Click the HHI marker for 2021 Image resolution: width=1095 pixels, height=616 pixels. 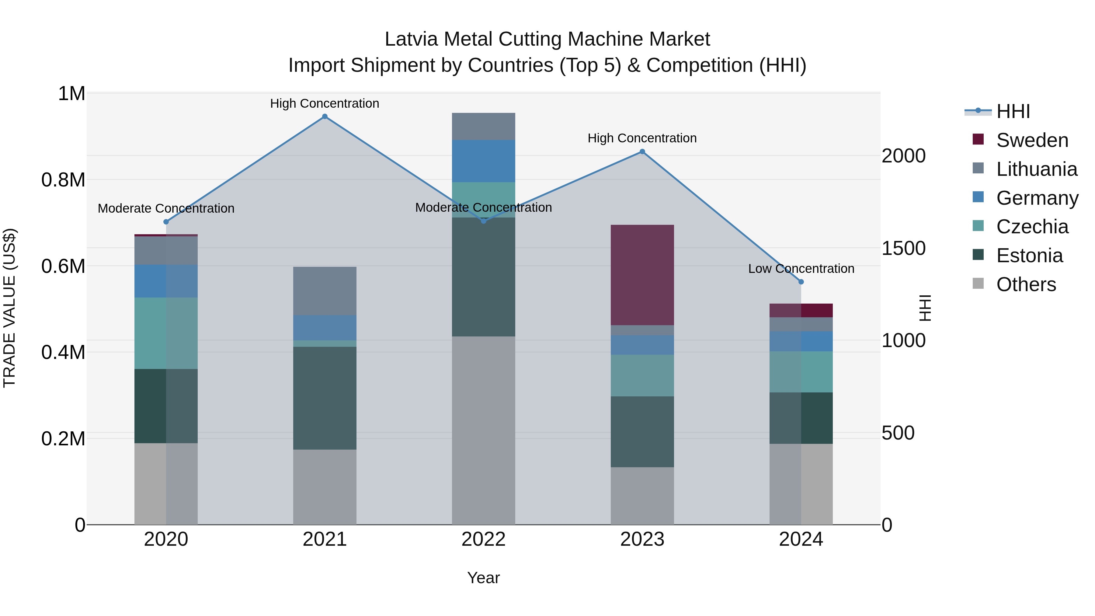tap(325, 117)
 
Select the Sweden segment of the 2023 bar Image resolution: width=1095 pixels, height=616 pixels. tap(642, 275)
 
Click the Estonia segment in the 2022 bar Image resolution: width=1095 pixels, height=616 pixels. tap(483, 277)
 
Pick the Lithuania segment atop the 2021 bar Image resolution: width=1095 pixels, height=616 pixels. tap(325, 291)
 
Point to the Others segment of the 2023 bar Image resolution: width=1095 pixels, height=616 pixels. tap(642, 496)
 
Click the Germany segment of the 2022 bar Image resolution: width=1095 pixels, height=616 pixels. tap(483, 161)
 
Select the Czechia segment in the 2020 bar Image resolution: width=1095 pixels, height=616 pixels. tap(166, 333)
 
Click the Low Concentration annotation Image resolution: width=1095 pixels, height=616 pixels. tap(801, 269)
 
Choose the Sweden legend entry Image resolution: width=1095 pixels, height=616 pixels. tap(1032, 140)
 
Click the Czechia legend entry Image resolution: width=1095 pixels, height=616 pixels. tap(1032, 227)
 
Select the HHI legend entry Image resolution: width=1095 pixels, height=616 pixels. tap(1013, 111)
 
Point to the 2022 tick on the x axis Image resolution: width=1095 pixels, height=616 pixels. tap(483, 539)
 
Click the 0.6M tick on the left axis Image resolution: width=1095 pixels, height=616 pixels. tap(63, 266)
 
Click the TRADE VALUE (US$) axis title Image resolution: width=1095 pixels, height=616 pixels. tap(10, 308)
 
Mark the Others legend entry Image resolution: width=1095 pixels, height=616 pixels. tap(1026, 284)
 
